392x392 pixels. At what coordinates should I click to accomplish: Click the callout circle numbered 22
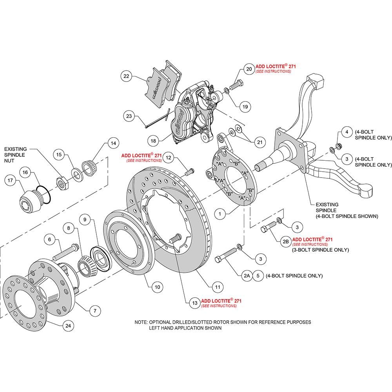point(126,76)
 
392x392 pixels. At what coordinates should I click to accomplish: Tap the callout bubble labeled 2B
point(285,242)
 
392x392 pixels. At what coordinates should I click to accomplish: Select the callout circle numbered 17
point(10,180)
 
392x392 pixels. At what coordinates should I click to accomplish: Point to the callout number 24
point(68,325)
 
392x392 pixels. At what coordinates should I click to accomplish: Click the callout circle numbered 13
point(195,303)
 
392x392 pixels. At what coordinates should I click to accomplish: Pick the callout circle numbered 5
point(258,276)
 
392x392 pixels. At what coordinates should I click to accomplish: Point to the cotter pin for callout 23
point(158,118)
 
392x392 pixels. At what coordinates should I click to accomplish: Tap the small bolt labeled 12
point(190,172)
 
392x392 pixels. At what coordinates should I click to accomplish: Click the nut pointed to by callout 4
point(339,146)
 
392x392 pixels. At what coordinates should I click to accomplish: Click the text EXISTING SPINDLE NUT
point(16,155)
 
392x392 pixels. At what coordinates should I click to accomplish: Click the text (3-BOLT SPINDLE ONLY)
point(321,250)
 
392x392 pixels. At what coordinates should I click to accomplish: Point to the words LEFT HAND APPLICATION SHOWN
point(185,328)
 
